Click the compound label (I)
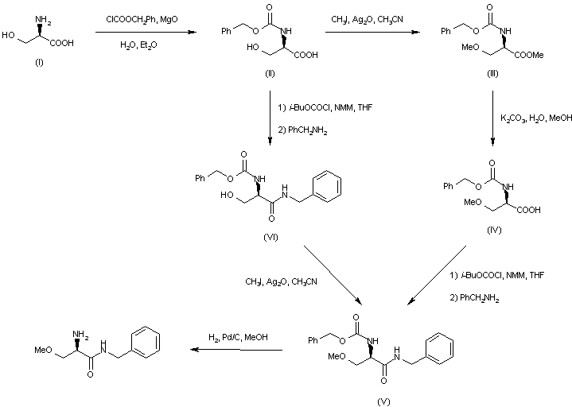[x=40, y=63]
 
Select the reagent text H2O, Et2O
[x=138, y=46]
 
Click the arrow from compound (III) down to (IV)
[x=492, y=119]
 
